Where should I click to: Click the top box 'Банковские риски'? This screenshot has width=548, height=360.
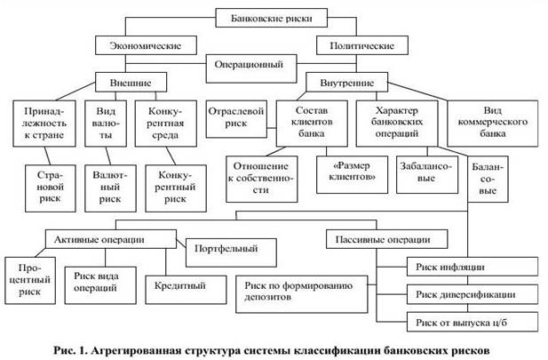pyautogui.click(x=271, y=18)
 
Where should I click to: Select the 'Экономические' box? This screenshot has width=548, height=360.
pyautogui.click(x=146, y=45)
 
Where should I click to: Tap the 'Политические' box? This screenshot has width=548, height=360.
pyautogui.click(x=362, y=45)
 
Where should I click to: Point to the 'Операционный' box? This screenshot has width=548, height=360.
pyautogui.click(x=251, y=68)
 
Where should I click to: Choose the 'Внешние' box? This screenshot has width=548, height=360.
pyautogui.click(x=131, y=83)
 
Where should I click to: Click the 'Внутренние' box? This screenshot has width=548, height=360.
pyautogui.click(x=346, y=82)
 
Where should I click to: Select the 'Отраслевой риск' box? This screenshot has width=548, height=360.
pyautogui.click(x=236, y=119)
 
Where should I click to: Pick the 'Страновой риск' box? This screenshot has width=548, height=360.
pyautogui.click(x=51, y=188)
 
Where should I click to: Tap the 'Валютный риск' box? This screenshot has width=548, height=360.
pyautogui.click(x=110, y=188)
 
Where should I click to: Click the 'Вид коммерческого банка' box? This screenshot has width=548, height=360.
pyautogui.click(x=492, y=124)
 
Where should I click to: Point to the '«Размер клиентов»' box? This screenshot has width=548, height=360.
pyautogui.click(x=352, y=174)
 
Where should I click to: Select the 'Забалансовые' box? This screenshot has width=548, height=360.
pyautogui.click(x=427, y=174)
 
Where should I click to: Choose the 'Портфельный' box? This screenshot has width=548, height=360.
pyautogui.click(x=231, y=252)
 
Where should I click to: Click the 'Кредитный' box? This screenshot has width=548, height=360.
pyautogui.click(x=186, y=290)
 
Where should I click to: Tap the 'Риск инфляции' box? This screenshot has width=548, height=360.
pyautogui.click(x=473, y=267)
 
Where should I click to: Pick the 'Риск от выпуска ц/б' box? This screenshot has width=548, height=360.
pyautogui.click(x=473, y=322)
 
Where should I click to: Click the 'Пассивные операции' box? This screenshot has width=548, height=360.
pyautogui.click(x=386, y=239)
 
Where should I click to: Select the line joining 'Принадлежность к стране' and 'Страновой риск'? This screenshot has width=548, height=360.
pyautogui.click(x=48, y=156)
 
